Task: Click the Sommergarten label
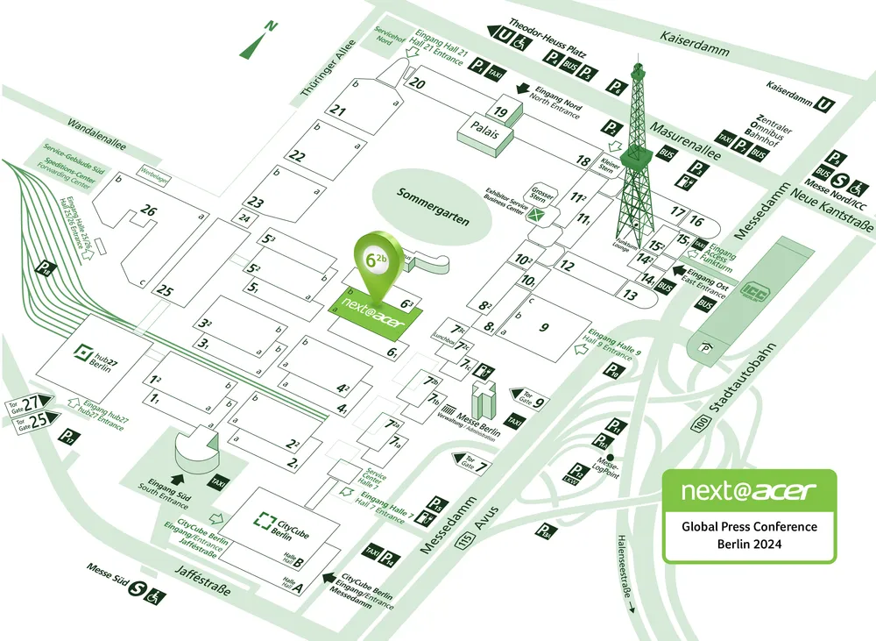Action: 433,206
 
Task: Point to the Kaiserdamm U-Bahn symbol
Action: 824,104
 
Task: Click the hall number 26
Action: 148,211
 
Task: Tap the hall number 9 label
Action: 543,328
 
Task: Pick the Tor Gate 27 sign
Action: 31,402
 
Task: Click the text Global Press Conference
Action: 749,527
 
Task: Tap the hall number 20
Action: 417,84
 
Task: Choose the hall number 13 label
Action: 630,296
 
